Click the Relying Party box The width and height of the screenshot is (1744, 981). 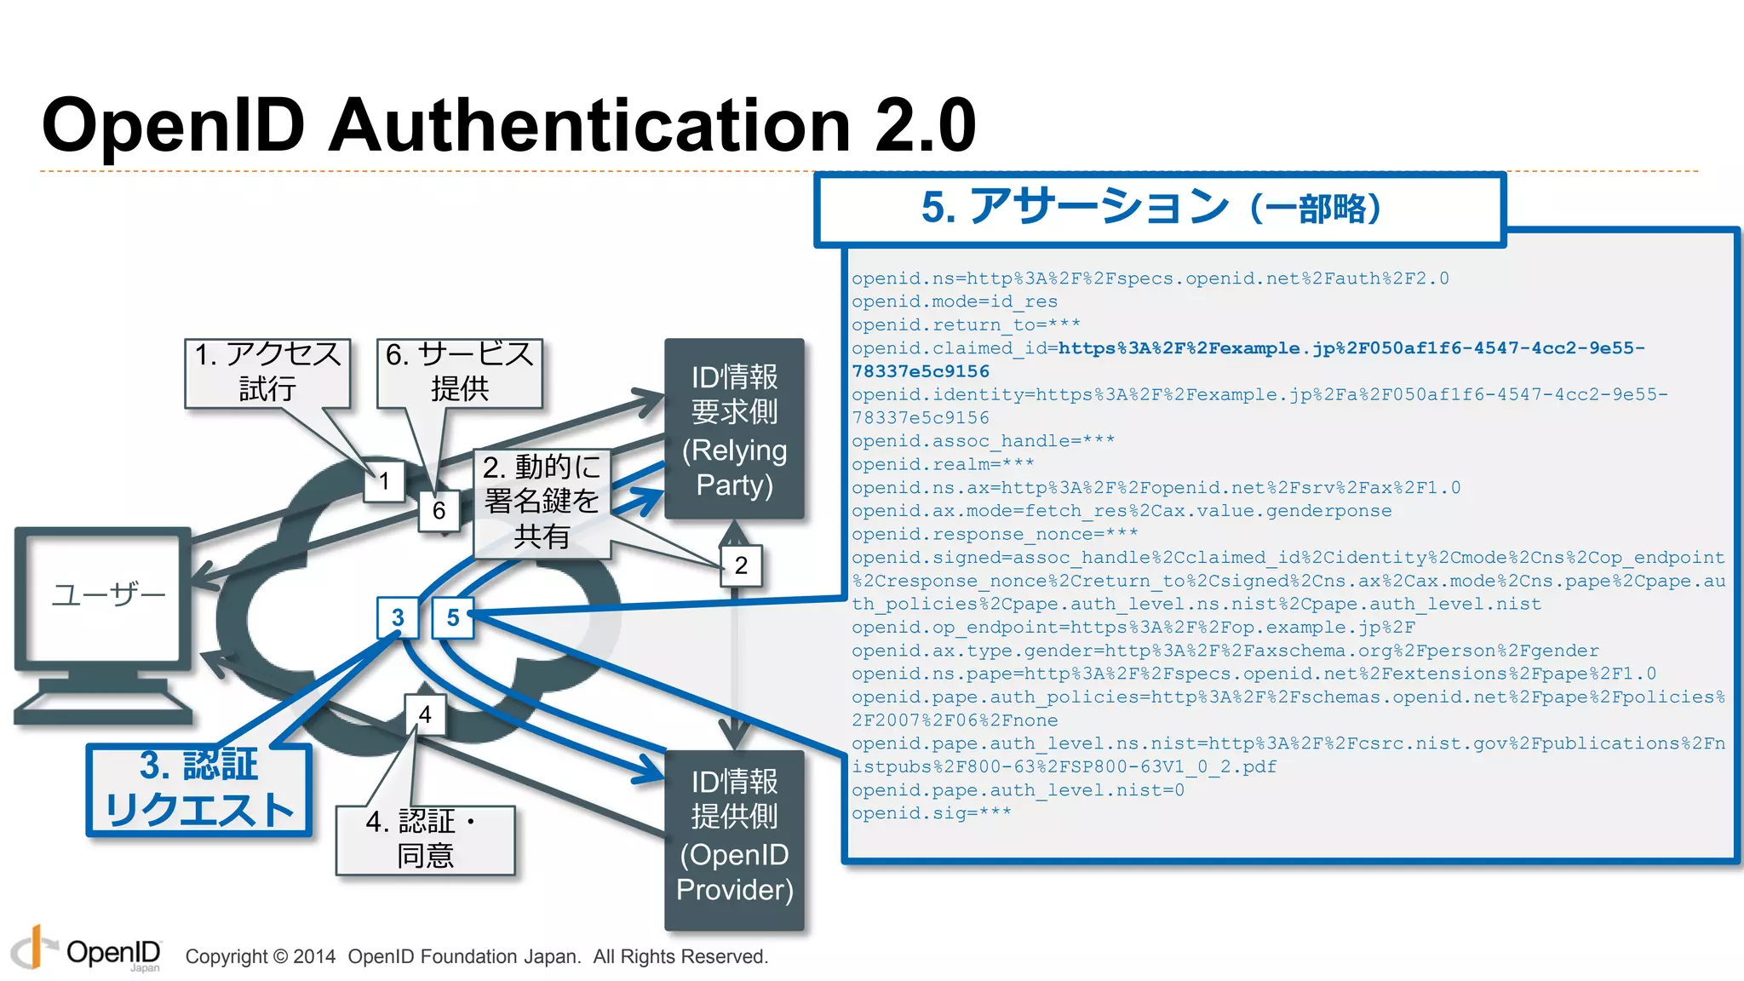coord(734,429)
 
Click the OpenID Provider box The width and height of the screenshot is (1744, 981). coord(734,839)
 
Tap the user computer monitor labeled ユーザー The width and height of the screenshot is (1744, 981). coord(103,595)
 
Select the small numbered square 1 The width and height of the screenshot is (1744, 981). coord(384,481)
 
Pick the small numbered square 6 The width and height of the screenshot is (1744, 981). coord(439,510)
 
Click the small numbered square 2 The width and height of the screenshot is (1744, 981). coord(740,565)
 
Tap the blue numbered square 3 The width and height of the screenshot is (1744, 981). coord(398,617)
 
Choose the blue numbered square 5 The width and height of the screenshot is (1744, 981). coord(452,617)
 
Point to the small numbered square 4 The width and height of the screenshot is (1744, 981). coord(425,714)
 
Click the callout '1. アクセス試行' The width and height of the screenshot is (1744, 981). coord(267,372)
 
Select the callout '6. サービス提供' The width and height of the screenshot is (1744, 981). coord(459,372)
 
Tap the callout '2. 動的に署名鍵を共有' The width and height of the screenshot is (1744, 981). coord(542,502)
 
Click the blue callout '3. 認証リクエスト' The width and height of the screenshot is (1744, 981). coord(199,789)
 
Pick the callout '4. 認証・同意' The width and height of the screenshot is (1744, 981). coord(425,840)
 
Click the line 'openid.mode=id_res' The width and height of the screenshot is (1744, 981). coord(954,301)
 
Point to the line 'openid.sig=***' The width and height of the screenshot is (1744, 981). coord(931,813)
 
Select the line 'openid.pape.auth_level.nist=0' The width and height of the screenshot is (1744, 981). coord(1017,790)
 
